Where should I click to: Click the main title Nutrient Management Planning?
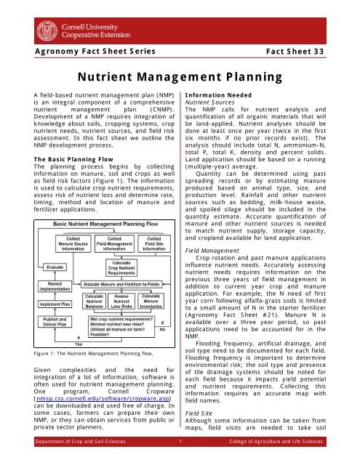pos(180,77)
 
